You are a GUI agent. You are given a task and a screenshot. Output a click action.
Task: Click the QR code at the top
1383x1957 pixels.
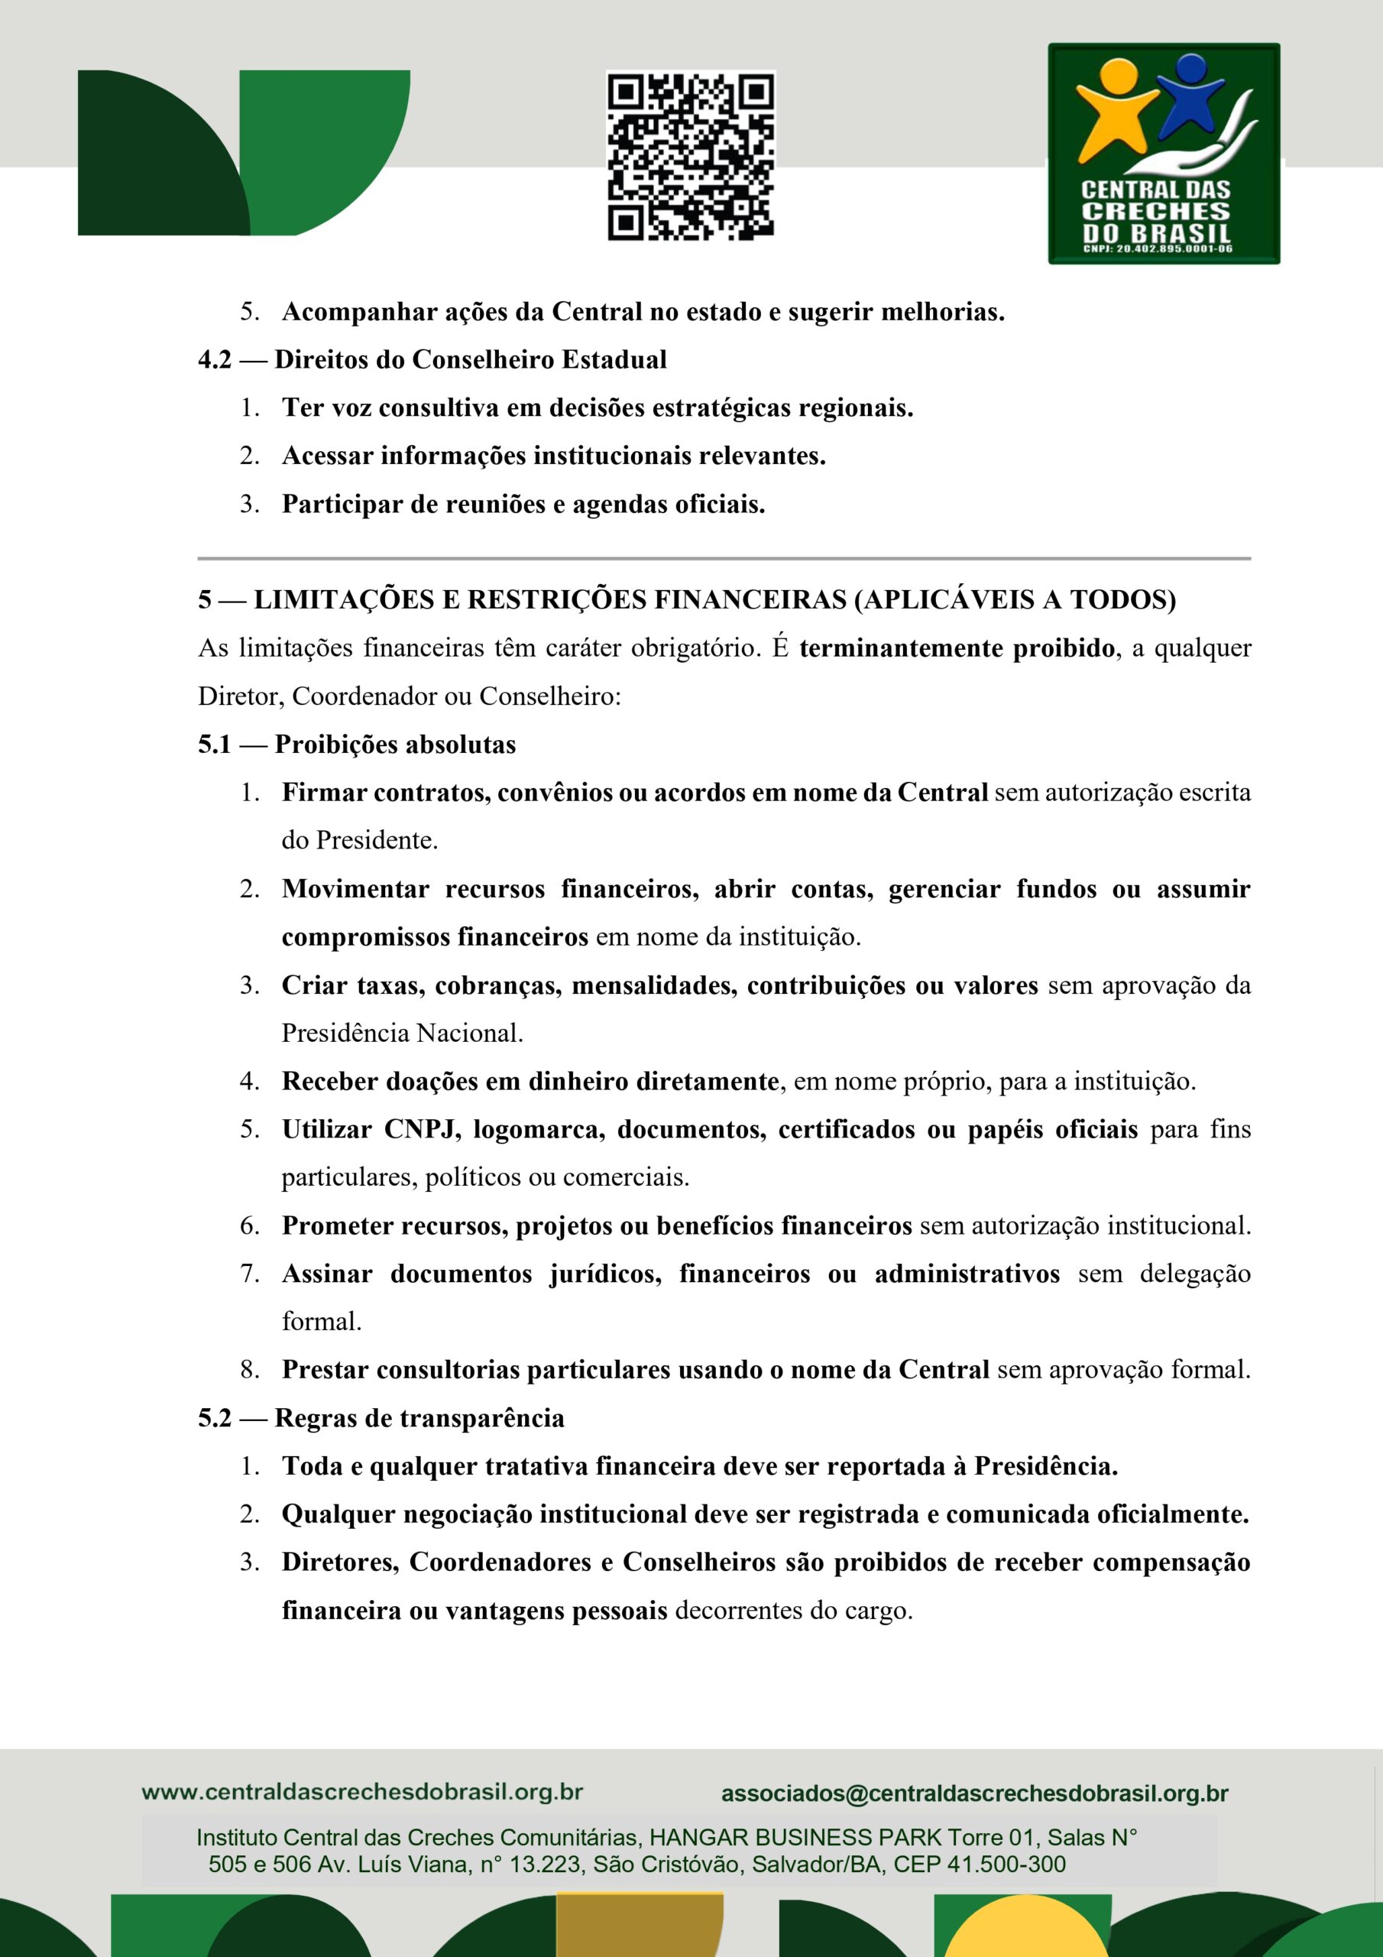[x=690, y=155]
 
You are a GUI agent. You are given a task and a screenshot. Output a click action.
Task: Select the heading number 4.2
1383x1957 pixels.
[x=215, y=360]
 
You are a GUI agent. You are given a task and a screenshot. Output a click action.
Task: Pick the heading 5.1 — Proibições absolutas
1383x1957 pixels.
[x=357, y=744]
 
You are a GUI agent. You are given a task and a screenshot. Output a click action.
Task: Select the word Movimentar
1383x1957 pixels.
[x=355, y=889]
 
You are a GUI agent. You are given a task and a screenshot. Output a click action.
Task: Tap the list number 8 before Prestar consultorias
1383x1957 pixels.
[x=248, y=1370]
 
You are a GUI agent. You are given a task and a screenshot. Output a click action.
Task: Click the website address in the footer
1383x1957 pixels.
[x=362, y=1792]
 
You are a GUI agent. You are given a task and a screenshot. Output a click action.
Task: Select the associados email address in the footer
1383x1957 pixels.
[x=975, y=1793]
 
